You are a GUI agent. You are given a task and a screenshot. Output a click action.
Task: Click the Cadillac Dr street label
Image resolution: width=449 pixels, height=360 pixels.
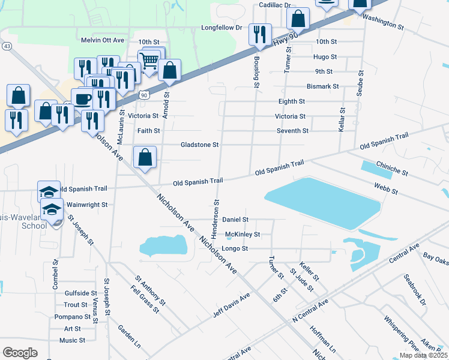pyautogui.click(x=274, y=5)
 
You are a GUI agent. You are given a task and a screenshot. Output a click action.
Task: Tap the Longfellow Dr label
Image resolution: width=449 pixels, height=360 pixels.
pyautogui.click(x=221, y=28)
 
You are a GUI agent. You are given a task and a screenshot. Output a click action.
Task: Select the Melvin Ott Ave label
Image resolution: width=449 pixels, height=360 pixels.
pyautogui.click(x=102, y=40)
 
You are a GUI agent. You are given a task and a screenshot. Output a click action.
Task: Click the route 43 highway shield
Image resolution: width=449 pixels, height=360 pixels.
pyautogui.click(x=7, y=46)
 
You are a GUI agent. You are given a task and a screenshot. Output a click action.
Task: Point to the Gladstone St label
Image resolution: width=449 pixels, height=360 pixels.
pyautogui.click(x=200, y=145)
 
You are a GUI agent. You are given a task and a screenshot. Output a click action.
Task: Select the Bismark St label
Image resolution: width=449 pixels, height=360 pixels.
pyautogui.click(x=322, y=86)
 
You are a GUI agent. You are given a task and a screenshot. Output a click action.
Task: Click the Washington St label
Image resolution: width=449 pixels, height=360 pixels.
pyautogui.click(x=383, y=22)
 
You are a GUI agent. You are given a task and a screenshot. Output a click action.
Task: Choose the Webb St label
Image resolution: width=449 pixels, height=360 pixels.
pyautogui.click(x=387, y=190)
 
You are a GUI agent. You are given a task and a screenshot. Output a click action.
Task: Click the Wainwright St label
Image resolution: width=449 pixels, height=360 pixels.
pyautogui.click(x=86, y=205)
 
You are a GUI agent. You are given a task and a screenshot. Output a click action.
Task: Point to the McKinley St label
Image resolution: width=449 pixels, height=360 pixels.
pyautogui.click(x=243, y=235)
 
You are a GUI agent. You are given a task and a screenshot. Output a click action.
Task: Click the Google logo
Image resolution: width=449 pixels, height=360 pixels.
pyautogui.click(x=20, y=353)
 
